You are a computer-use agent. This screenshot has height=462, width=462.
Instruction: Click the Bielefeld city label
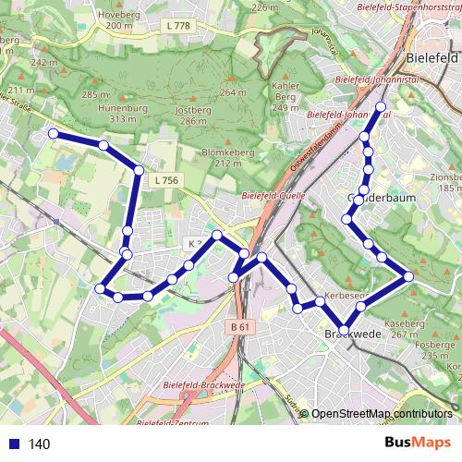tap(432, 57)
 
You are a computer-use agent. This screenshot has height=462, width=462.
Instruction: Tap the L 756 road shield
tap(165, 180)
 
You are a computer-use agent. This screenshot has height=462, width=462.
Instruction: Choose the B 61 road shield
tap(240, 326)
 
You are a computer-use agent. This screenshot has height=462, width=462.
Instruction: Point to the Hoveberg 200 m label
tap(120, 20)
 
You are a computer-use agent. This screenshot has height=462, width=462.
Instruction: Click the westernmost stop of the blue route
tap(53, 134)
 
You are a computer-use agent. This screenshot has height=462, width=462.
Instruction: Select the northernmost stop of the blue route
tap(380, 107)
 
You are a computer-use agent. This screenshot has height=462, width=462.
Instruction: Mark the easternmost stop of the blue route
tap(408, 275)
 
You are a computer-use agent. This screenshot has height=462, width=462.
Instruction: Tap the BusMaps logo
tap(419, 443)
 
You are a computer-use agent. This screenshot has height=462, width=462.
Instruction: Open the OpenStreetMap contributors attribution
tap(382, 414)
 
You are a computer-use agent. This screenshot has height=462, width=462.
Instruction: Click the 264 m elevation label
tap(234, 92)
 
